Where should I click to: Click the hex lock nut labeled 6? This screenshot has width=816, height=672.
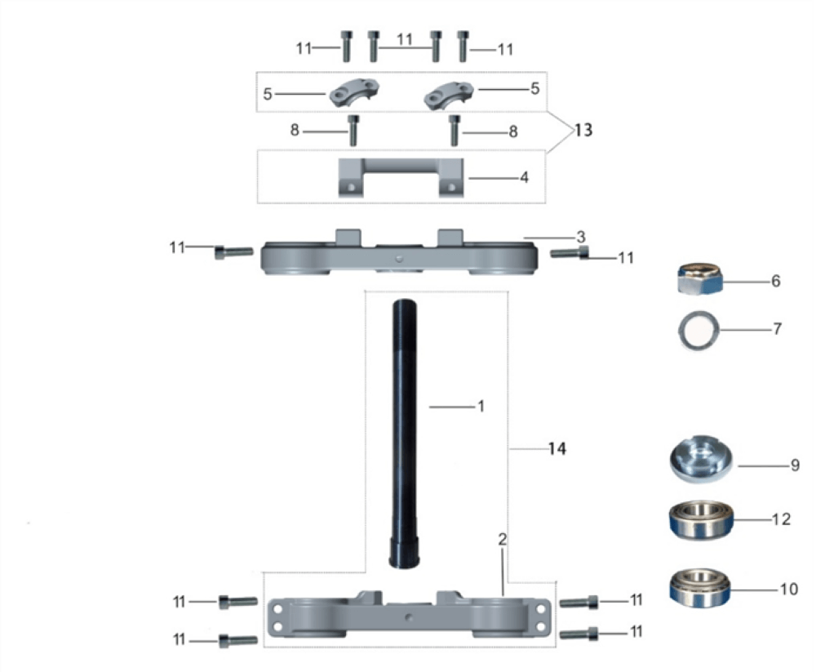(700, 280)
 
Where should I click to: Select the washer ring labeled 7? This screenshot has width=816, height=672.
(699, 330)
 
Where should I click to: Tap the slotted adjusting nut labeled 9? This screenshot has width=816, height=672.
(701, 460)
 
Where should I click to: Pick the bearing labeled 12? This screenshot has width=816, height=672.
(701, 520)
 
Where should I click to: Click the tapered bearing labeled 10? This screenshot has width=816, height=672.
(700, 588)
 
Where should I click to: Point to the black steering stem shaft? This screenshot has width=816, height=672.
(405, 434)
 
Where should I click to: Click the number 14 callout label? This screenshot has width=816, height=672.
(557, 448)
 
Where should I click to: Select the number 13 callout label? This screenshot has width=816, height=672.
(583, 130)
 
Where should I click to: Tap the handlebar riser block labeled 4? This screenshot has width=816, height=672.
(401, 178)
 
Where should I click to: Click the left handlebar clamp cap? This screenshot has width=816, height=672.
(354, 93)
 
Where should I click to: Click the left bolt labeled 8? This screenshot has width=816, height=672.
(353, 130)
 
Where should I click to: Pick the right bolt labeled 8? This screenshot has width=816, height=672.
(455, 130)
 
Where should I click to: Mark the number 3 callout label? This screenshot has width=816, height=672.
(581, 238)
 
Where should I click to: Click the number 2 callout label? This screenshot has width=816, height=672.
(502, 539)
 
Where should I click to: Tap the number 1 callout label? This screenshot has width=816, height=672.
(481, 406)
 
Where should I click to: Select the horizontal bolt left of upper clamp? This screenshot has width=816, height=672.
(234, 252)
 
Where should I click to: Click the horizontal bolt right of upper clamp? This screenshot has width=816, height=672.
(570, 252)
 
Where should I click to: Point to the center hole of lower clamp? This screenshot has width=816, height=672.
(410, 617)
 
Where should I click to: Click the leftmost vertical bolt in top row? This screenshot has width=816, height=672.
(346, 47)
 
